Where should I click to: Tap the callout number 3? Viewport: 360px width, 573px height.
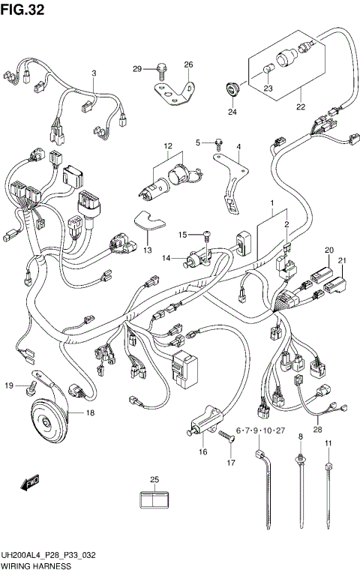point(94,73)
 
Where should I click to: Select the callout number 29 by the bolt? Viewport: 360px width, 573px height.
point(137,69)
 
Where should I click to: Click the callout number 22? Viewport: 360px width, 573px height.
point(301,106)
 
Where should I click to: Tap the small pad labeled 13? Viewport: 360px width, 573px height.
point(151,222)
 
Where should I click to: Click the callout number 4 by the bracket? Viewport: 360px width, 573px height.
point(238,147)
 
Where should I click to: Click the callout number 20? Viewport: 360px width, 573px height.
point(328,250)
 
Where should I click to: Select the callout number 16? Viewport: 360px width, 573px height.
point(202,452)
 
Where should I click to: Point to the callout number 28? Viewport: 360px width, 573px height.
point(317,430)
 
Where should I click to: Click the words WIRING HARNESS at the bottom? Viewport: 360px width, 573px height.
point(34,567)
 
